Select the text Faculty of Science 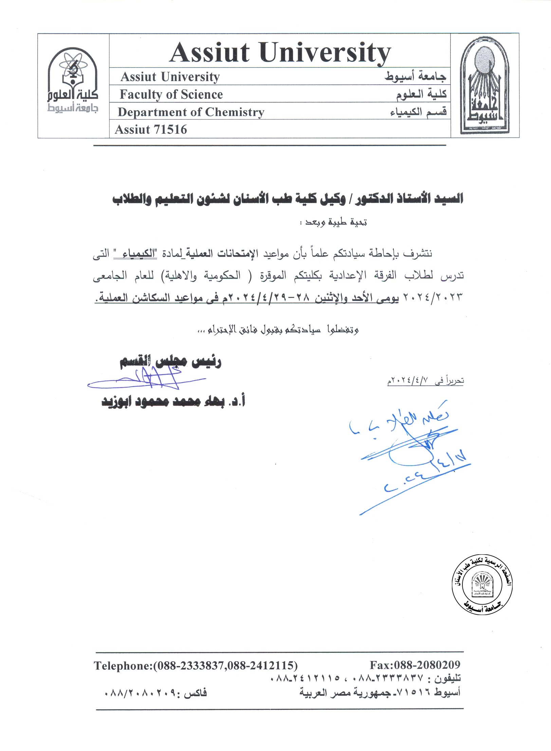point(171,94)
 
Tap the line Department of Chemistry point(191,112)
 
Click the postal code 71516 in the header point(171,129)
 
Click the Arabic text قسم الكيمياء point(418,111)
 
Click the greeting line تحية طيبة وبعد point(336,223)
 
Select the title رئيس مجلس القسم point(170,362)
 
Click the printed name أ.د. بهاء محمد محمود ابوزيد point(173,401)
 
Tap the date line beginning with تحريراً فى point(425,381)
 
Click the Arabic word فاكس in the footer point(195,692)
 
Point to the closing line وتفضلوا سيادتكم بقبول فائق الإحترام point(278,329)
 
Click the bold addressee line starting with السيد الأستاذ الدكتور point(288,199)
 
